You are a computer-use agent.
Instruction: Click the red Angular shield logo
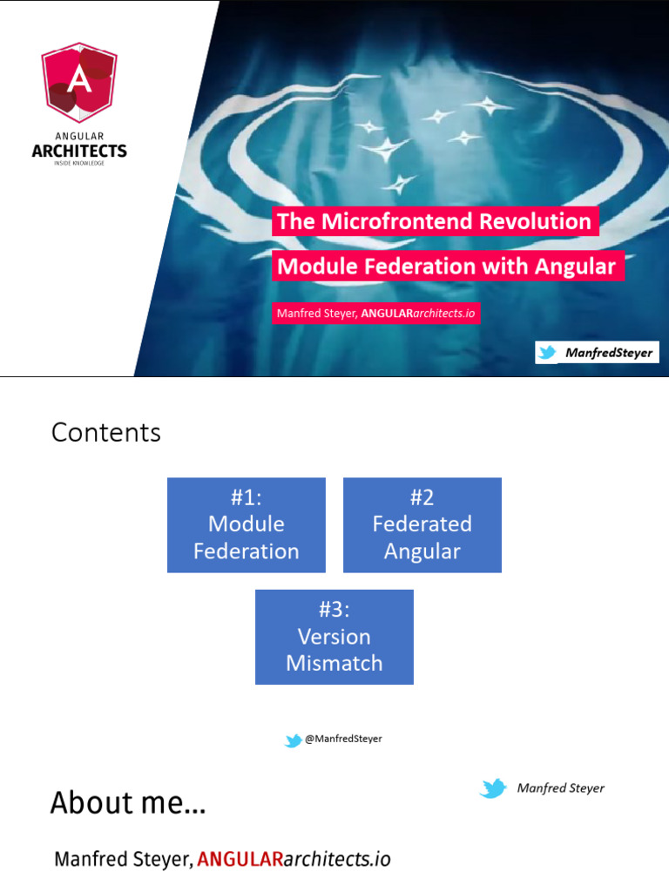[x=78, y=83]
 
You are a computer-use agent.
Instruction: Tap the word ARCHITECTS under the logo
[x=79, y=151]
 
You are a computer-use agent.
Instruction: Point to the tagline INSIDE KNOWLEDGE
[x=79, y=163]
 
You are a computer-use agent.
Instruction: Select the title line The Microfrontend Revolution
[x=435, y=221]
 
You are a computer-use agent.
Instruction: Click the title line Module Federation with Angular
[x=447, y=266]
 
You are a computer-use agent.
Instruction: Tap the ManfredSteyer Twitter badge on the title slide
[x=597, y=353]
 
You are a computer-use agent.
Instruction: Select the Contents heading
[x=106, y=433]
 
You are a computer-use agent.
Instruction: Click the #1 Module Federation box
[x=247, y=524]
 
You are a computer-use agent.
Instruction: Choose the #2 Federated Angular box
[x=422, y=524]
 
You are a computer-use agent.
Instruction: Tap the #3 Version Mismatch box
[x=334, y=637]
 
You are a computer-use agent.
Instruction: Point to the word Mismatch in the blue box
[x=334, y=663]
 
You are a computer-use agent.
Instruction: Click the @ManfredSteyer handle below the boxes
[x=343, y=739]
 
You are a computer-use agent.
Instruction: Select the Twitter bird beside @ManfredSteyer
[x=294, y=740]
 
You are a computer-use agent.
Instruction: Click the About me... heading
[x=128, y=802]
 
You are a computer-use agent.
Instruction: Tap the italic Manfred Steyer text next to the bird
[x=560, y=788]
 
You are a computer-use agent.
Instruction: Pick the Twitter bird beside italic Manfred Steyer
[x=493, y=789]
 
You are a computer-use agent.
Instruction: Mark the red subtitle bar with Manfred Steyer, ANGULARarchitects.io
[x=375, y=314]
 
